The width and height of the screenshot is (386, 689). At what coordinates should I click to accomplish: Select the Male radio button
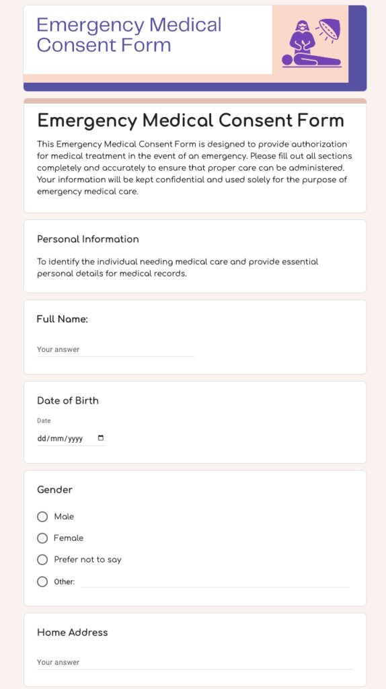coord(42,517)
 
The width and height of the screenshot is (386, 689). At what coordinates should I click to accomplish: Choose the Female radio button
coord(42,538)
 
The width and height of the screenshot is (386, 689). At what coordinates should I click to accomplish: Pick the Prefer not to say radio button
coord(42,560)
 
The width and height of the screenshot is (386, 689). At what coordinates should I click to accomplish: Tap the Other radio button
coord(42,581)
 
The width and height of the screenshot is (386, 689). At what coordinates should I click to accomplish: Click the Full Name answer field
coord(116,350)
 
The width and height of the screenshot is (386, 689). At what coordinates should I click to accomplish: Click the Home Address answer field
coord(194,663)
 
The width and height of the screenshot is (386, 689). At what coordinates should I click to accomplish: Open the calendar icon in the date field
coord(101,438)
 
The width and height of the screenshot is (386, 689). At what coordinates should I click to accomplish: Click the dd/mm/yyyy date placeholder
coord(60,439)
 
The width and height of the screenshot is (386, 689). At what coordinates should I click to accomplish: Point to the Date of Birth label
coord(68,400)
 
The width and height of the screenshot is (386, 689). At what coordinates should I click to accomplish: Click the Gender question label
coord(54,490)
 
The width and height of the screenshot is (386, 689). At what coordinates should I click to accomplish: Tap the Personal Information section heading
coord(88,239)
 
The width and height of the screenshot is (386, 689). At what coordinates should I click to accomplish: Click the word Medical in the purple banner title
coord(185,26)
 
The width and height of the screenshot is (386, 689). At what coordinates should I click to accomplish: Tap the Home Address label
coord(72,632)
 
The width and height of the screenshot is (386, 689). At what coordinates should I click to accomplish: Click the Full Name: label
coord(63,319)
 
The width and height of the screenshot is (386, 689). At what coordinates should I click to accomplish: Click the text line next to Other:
coord(215,582)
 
